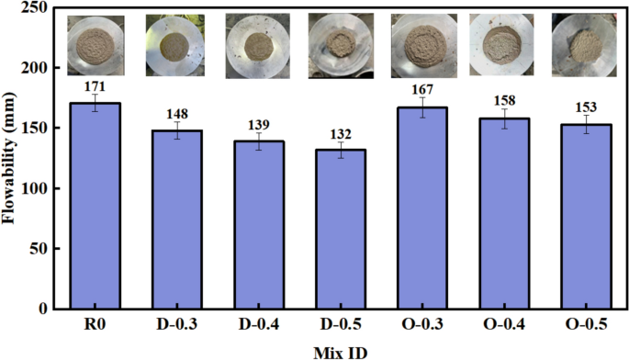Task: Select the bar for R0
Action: pos(95,206)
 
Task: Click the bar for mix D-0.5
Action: pos(331,229)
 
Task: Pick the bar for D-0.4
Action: pos(253,225)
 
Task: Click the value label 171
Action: pos(95,85)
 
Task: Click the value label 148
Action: pos(174,113)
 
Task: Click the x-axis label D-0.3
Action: pos(174,326)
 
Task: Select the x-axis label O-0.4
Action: pos(489,326)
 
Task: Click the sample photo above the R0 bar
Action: pos(95,43)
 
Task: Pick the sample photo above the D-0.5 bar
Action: pos(331,43)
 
